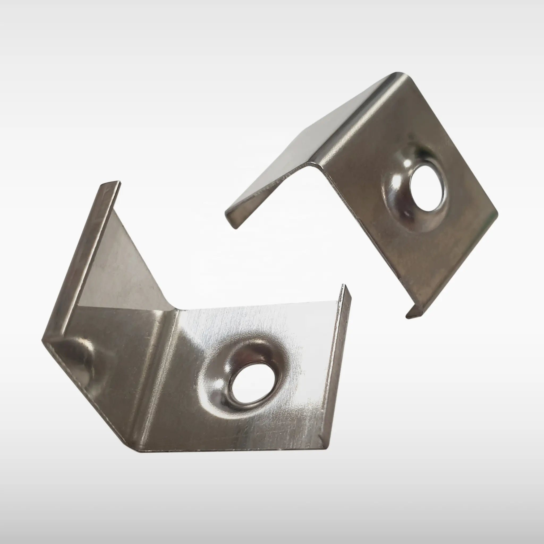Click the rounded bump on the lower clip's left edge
(x=82, y=358)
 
